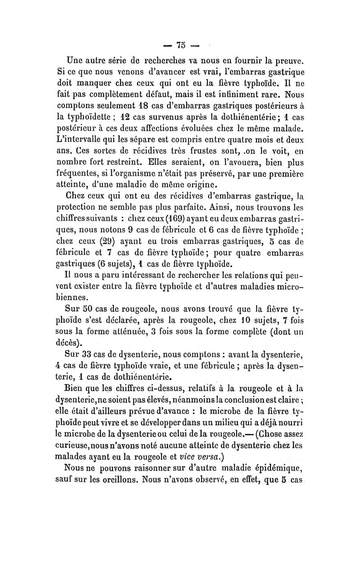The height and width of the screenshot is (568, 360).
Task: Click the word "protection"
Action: [x=79, y=219]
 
